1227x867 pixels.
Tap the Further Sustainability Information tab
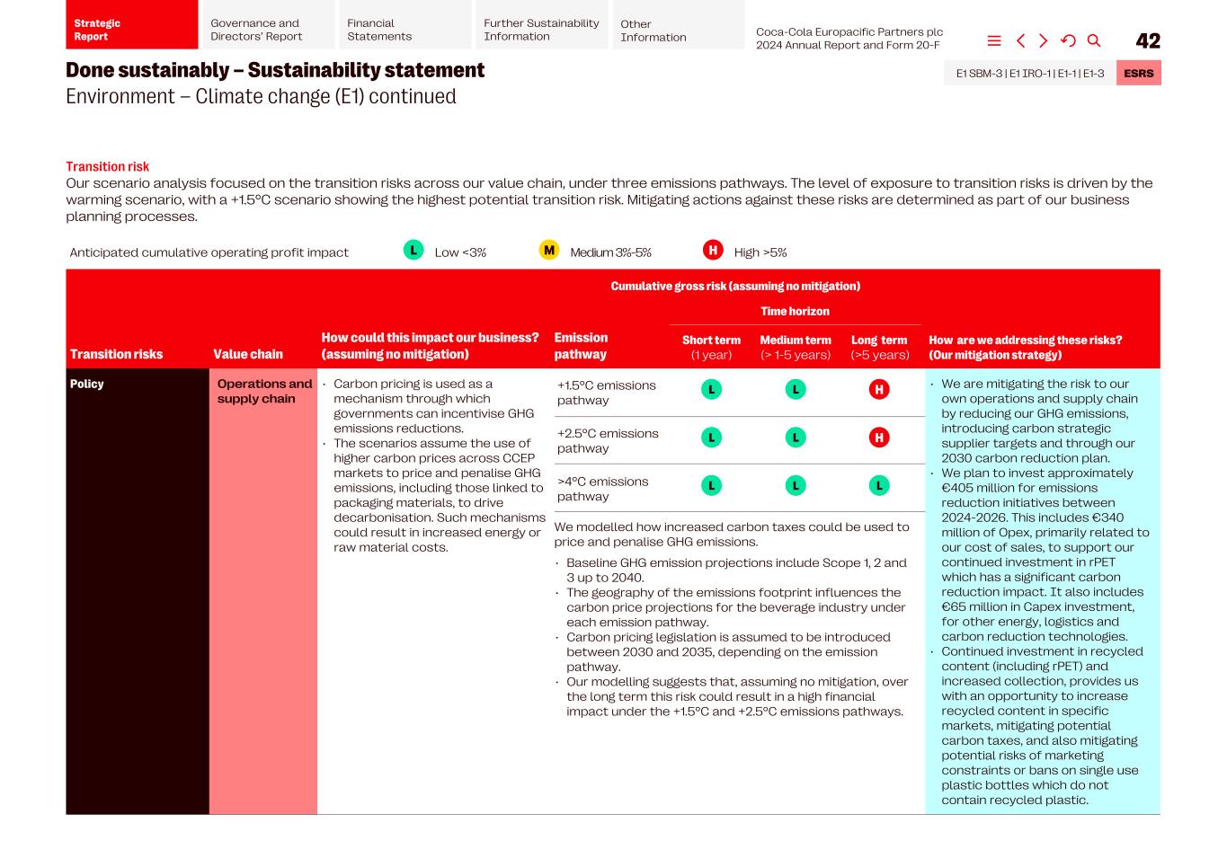(541, 30)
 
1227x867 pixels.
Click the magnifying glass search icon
(1094, 40)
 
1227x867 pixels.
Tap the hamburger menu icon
(994, 40)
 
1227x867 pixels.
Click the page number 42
(1148, 40)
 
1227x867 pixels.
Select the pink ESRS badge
(1138, 74)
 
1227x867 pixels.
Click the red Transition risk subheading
(107, 166)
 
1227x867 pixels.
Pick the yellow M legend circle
(548, 251)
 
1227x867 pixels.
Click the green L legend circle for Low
(413, 251)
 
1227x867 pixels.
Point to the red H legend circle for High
(713, 251)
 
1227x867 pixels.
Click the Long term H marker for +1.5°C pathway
(879, 389)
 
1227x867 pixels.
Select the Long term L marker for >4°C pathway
(879, 485)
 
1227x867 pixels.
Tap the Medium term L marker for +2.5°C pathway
(796, 438)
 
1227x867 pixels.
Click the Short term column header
(711, 347)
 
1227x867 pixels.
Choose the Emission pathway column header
(581, 346)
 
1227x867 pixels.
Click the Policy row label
(87, 384)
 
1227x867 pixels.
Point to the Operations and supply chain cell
(263, 391)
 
